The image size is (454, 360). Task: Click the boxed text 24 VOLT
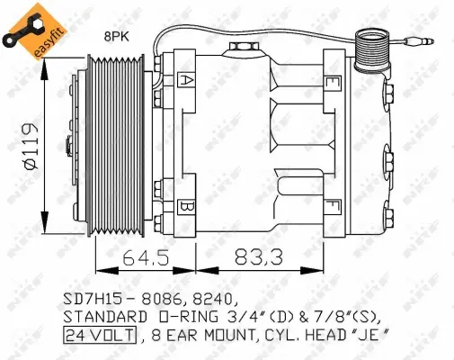99,336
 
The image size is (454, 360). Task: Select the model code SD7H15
95,298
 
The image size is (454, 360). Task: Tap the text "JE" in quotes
377,336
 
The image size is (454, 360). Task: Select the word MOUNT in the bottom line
236,336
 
